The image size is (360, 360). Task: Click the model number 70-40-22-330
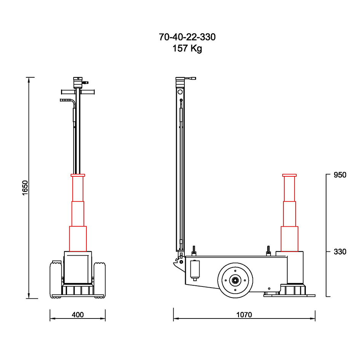click(x=187, y=37)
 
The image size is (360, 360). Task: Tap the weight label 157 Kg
click(x=187, y=48)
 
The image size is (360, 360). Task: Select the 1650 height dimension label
click(x=25, y=188)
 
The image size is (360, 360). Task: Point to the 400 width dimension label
click(x=78, y=315)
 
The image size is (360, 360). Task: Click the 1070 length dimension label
click(x=244, y=315)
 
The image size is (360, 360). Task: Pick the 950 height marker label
click(x=340, y=175)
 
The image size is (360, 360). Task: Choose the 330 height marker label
click(x=340, y=252)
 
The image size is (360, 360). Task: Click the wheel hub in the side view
click(x=235, y=280)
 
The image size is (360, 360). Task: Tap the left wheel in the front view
click(x=56, y=280)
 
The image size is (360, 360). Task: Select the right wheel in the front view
click(x=100, y=280)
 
